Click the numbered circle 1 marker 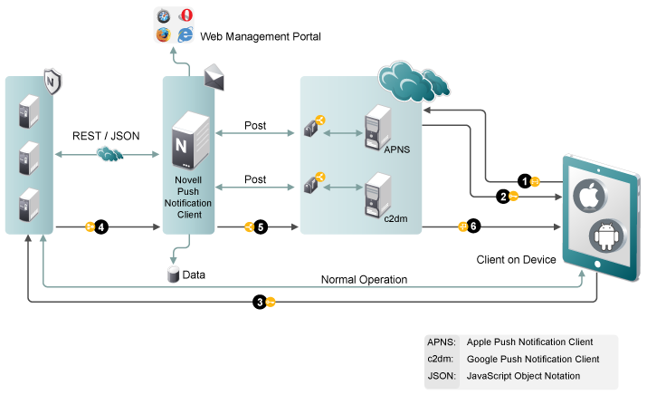[x=523, y=180]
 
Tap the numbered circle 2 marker [x=502, y=196]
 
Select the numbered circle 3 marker [x=259, y=302]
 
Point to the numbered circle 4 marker [x=101, y=226]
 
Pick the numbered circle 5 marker [x=260, y=227]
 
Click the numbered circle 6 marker [x=473, y=226]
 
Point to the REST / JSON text [x=106, y=136]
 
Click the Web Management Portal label [x=261, y=37]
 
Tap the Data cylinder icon [x=173, y=273]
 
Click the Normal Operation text [x=364, y=279]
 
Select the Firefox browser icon [x=164, y=35]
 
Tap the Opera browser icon [x=185, y=14]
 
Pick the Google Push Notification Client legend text [x=533, y=359]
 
